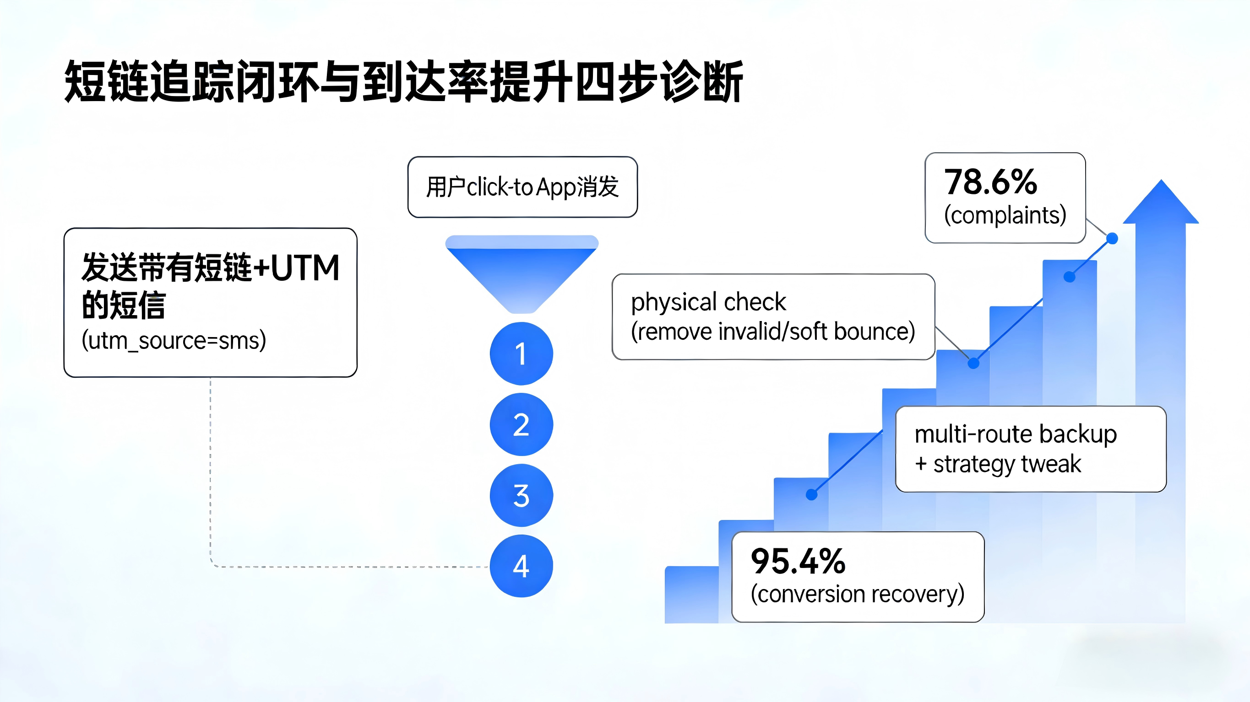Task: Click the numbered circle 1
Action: [521, 354]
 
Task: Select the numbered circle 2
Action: [521, 425]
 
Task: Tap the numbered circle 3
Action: [521, 495]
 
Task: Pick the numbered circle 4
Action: [521, 566]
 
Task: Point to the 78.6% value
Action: [990, 182]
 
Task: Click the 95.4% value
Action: [798, 562]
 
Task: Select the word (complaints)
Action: [1005, 215]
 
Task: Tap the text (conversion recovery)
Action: [858, 595]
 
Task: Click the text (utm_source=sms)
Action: [174, 340]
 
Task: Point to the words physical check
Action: [708, 302]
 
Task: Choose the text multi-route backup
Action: [1015, 434]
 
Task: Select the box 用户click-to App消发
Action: [522, 187]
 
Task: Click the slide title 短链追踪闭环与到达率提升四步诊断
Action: [403, 81]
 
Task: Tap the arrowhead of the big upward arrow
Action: [1161, 204]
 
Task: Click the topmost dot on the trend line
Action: [1112, 238]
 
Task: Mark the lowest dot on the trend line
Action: [811, 494]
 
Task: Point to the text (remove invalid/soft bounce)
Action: [772, 332]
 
